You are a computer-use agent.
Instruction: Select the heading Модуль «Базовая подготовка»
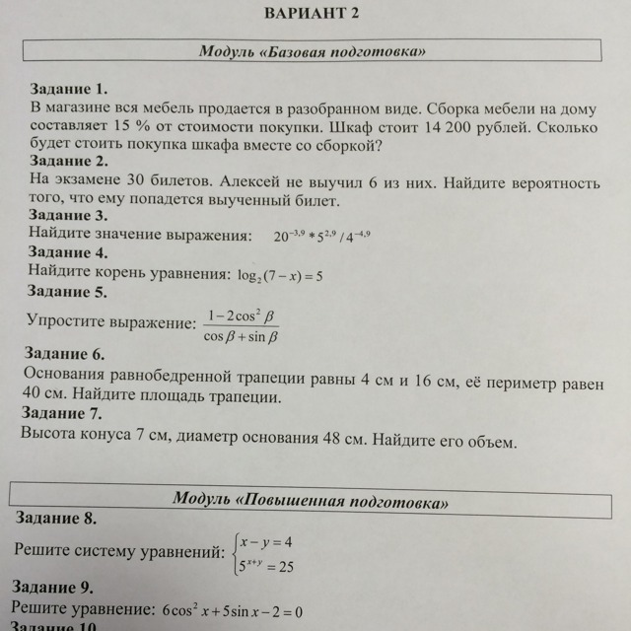coord(314,50)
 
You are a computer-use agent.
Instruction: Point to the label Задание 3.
coord(69,216)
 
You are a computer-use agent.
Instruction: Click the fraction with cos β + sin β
coord(241,326)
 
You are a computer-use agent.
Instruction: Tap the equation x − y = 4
coord(266,541)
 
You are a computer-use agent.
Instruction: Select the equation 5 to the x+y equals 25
coord(266,566)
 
